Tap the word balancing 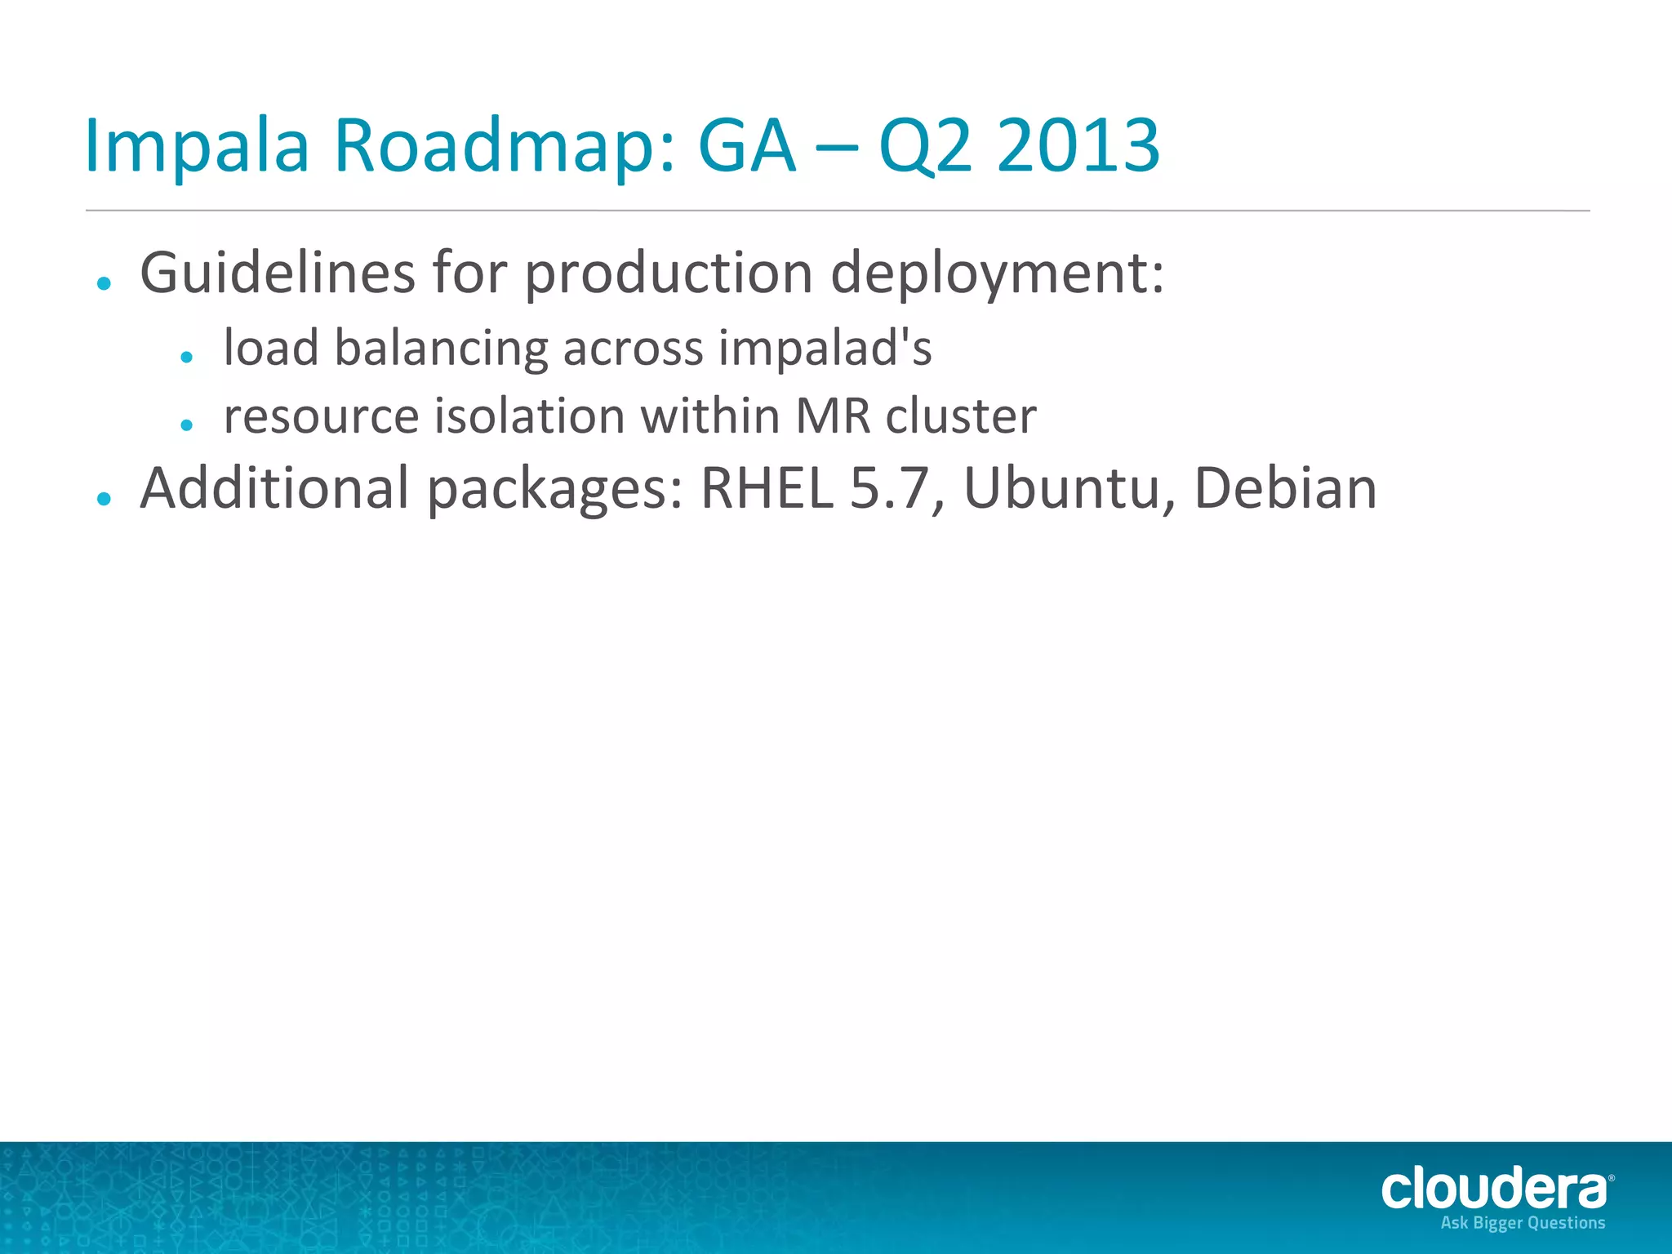coord(440,349)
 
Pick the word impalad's coord(825,349)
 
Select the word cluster coord(961,416)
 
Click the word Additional coord(274,487)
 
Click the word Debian coord(1285,488)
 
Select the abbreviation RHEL coord(767,488)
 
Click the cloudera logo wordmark coord(1494,1189)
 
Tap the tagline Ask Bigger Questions coord(1523,1223)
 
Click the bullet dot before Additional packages coord(104,498)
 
